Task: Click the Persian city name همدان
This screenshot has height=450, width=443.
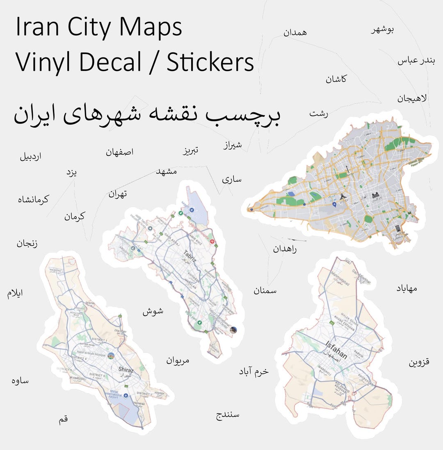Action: pyautogui.click(x=295, y=32)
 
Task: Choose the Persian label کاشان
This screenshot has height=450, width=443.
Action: pyautogui.click(x=336, y=79)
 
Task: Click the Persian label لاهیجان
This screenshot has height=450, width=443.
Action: pyautogui.click(x=412, y=98)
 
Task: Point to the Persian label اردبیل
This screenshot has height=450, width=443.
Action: pyautogui.click(x=30, y=157)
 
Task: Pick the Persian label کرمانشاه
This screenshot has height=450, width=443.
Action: pyautogui.click(x=33, y=200)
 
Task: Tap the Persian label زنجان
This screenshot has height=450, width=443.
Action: pyautogui.click(x=27, y=244)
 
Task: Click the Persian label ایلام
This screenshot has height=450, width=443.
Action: pyautogui.click(x=15, y=294)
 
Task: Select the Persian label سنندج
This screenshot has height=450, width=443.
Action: pyautogui.click(x=228, y=415)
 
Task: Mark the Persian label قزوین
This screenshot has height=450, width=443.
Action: pyautogui.click(x=419, y=363)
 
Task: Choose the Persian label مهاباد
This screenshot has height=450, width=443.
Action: pyautogui.click(x=406, y=288)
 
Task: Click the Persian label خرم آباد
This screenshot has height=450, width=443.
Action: pyautogui.click(x=254, y=371)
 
